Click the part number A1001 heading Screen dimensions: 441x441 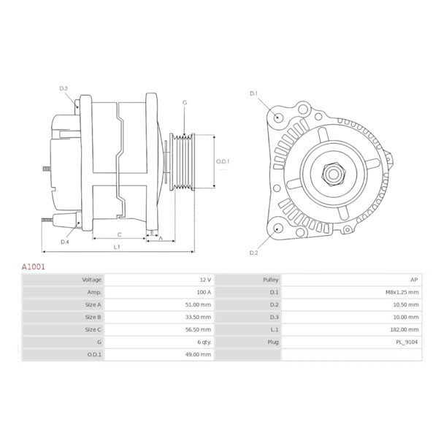click(x=33, y=267)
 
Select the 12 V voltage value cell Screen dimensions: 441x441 click(x=204, y=280)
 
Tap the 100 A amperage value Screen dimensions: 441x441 click(x=203, y=292)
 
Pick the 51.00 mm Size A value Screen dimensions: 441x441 click(x=199, y=304)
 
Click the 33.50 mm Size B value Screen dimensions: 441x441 click(x=199, y=317)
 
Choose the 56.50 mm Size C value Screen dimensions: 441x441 click(x=199, y=329)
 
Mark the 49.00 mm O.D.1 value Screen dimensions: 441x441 click(x=199, y=354)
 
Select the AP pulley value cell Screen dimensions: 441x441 click(x=413, y=280)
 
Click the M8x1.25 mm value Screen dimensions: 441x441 click(x=402, y=292)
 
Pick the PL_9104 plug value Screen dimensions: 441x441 click(x=407, y=342)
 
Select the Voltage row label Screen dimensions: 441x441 click(x=92, y=280)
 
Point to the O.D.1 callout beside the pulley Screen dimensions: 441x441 click(x=223, y=161)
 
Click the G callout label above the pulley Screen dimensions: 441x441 click(x=185, y=103)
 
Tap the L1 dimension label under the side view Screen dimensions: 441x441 click(x=117, y=247)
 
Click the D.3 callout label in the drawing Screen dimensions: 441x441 click(x=64, y=89)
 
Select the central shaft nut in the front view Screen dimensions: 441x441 click(x=334, y=174)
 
